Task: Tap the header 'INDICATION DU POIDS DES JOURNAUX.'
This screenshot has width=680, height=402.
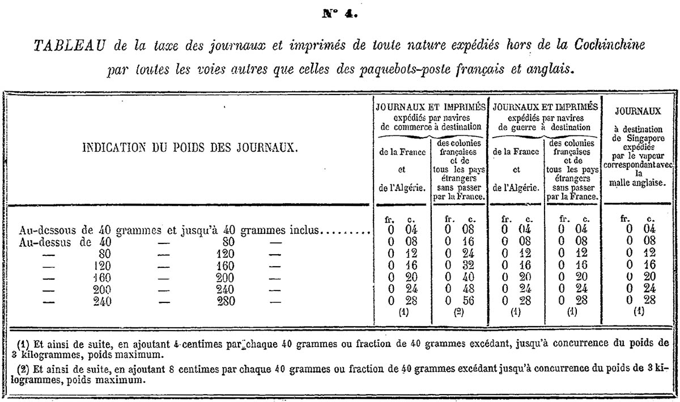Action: (190, 148)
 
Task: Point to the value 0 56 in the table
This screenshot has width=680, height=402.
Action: (459, 301)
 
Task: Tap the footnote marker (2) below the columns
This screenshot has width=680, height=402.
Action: (459, 311)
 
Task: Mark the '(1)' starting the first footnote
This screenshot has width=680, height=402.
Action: (23, 344)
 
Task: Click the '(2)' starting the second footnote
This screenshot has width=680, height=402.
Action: (23, 369)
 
